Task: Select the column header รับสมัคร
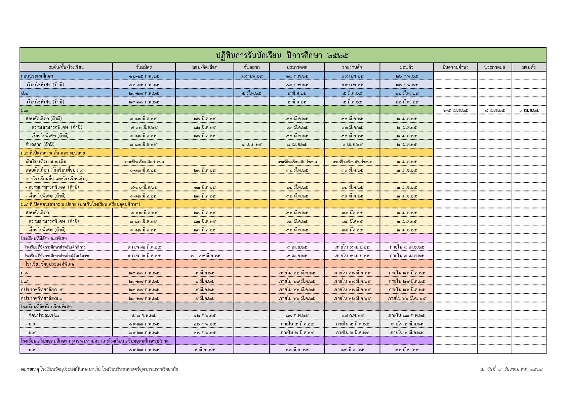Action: point(144,67)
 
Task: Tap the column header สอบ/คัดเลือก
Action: point(205,67)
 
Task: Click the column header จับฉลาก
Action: point(251,67)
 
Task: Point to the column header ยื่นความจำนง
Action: point(455,67)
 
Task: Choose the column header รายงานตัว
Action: point(352,67)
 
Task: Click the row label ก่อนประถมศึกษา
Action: point(37,76)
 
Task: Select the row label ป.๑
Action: point(25,93)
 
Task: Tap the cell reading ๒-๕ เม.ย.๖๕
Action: point(455,110)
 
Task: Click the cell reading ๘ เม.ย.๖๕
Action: point(495,110)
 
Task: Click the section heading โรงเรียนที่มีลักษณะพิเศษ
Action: point(44,238)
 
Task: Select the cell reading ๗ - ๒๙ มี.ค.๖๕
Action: point(205,256)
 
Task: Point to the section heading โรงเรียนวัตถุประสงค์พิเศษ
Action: point(50,264)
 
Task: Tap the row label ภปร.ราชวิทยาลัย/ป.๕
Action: point(41,290)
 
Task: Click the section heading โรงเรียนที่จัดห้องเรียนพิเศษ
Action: point(46,307)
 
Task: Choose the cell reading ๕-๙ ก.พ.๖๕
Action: point(144,315)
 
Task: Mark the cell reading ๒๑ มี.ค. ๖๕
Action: point(407,350)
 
